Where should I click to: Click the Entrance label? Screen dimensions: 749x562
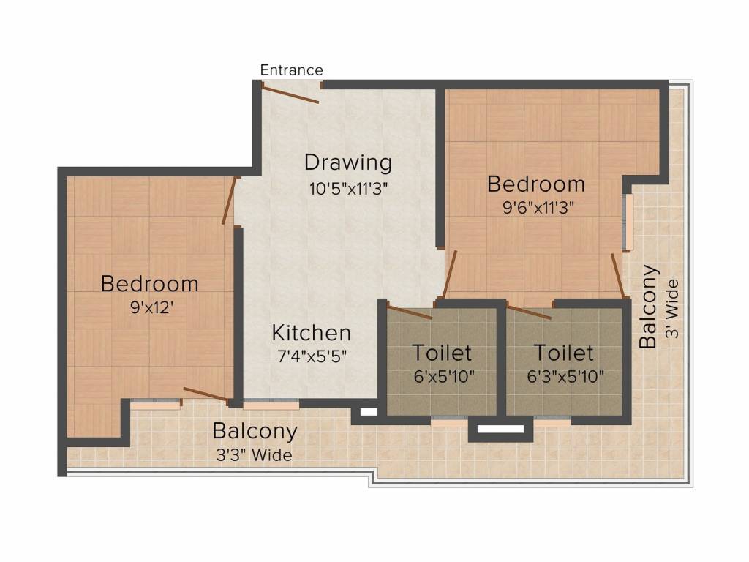(291, 70)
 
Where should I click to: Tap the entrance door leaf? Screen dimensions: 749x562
(290, 94)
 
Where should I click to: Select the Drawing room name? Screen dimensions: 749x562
(348, 162)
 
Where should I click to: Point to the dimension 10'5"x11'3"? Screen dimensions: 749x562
(347, 189)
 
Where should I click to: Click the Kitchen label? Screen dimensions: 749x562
(312, 333)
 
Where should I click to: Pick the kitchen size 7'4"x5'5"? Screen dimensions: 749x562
(312, 356)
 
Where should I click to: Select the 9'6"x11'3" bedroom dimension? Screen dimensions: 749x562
(538, 208)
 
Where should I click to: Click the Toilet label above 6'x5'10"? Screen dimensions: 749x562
(443, 353)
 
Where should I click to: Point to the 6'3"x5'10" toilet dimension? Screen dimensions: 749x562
(565, 377)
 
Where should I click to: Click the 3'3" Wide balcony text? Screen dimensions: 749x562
(254, 455)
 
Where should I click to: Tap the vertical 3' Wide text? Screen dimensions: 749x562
(672, 309)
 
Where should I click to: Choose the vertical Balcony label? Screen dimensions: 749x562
(648, 307)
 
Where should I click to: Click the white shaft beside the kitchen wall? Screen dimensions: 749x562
(369, 412)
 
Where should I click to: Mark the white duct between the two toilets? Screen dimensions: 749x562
(500, 429)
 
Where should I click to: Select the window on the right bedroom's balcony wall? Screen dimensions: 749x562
(629, 222)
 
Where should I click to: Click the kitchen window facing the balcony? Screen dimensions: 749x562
(271, 405)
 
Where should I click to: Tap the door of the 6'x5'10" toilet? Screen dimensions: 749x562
(410, 310)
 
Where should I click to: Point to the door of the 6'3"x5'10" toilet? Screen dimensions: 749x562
(530, 312)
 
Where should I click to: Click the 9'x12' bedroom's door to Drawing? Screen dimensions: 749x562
(229, 201)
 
